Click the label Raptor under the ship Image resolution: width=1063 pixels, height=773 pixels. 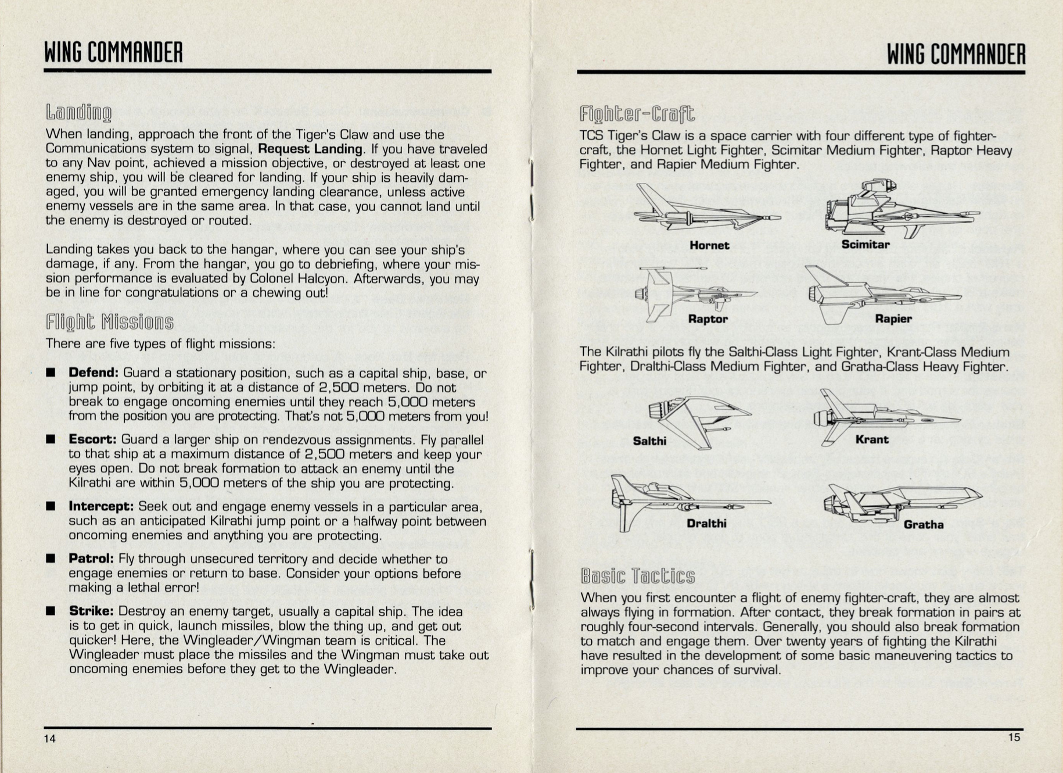point(708,319)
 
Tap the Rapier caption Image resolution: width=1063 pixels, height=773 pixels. point(893,319)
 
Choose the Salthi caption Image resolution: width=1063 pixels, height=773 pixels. point(649,441)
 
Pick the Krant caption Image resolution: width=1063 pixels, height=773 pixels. point(872,439)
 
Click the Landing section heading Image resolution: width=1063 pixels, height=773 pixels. point(79,113)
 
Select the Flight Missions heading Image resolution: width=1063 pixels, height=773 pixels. point(110,322)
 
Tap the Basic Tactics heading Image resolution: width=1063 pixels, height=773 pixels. point(638,576)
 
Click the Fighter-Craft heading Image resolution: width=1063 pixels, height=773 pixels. point(637,114)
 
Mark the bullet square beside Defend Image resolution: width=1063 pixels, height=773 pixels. point(51,372)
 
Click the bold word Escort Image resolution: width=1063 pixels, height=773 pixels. point(93,440)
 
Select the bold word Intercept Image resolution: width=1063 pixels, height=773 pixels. point(101,507)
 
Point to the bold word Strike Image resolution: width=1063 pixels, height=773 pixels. point(91,611)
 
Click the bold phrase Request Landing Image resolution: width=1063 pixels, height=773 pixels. point(311,149)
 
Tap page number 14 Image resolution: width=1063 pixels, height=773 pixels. point(50,739)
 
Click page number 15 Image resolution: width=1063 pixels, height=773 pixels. point(1014,738)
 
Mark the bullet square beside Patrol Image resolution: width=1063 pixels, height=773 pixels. point(51,559)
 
